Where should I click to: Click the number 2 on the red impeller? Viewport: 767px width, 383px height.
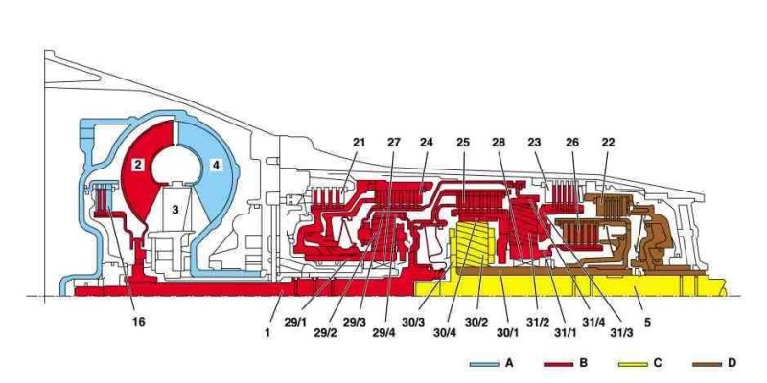click(x=139, y=166)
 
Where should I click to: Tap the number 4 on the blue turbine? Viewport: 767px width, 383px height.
click(x=217, y=166)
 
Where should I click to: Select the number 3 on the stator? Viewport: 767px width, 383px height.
click(x=174, y=208)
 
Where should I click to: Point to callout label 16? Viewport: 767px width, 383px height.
click(x=138, y=322)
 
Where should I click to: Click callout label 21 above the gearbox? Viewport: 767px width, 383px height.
click(x=360, y=143)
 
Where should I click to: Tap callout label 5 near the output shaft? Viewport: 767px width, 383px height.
click(x=648, y=322)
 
